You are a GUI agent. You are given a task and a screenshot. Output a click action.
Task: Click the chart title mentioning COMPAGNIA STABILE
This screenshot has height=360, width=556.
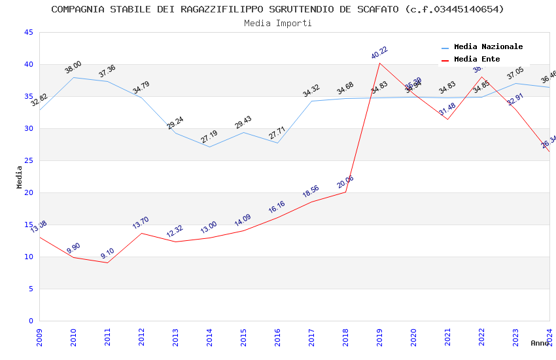click(x=277, y=9)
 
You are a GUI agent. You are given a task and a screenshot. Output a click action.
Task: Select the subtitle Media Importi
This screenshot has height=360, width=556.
click(x=277, y=23)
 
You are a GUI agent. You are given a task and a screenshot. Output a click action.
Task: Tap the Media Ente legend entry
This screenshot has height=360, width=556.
click(x=476, y=60)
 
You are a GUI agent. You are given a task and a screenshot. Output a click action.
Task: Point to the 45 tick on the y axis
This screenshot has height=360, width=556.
click(x=28, y=33)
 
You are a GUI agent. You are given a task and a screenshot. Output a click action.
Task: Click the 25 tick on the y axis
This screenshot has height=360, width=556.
click(x=28, y=161)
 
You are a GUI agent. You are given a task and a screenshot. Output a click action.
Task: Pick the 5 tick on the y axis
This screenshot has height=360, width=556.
click(x=30, y=289)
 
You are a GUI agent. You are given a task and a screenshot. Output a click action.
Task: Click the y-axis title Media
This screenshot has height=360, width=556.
click(x=20, y=177)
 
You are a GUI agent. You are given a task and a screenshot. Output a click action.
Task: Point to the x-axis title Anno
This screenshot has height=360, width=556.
click(x=540, y=343)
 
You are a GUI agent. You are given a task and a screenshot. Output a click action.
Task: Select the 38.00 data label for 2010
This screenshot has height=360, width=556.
click(x=73, y=67)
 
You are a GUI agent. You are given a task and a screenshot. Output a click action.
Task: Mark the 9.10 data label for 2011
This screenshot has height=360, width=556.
click(x=107, y=253)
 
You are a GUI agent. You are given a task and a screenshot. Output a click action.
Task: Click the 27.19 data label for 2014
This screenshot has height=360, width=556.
click(x=209, y=137)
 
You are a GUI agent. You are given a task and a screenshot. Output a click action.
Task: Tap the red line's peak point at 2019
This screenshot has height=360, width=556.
click(x=379, y=63)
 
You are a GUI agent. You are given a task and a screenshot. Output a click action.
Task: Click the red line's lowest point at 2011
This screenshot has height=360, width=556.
click(x=107, y=262)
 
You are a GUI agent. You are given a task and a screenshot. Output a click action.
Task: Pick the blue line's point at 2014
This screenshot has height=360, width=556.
click(x=209, y=147)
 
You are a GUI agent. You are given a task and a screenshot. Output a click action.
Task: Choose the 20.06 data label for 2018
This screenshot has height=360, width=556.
click(x=345, y=182)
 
